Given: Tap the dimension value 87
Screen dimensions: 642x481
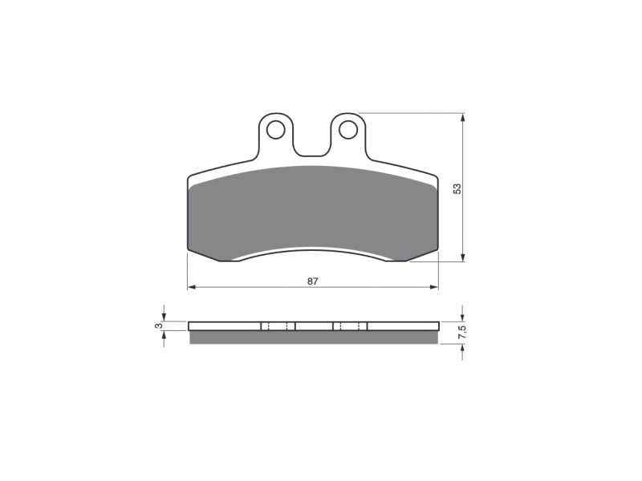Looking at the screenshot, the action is click(x=313, y=281).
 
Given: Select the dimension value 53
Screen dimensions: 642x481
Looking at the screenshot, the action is click(x=457, y=188).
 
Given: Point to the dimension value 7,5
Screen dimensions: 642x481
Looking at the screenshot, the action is click(x=462, y=330).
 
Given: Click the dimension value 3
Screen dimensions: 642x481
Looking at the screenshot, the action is click(x=160, y=326).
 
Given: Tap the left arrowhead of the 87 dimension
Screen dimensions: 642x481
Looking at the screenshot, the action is click(x=191, y=287).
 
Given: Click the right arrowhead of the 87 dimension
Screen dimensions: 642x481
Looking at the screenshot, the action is click(x=434, y=287).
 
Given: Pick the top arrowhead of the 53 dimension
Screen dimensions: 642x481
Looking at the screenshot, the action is click(x=463, y=117).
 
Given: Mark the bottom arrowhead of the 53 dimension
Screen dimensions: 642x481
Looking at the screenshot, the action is click(x=463, y=257).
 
